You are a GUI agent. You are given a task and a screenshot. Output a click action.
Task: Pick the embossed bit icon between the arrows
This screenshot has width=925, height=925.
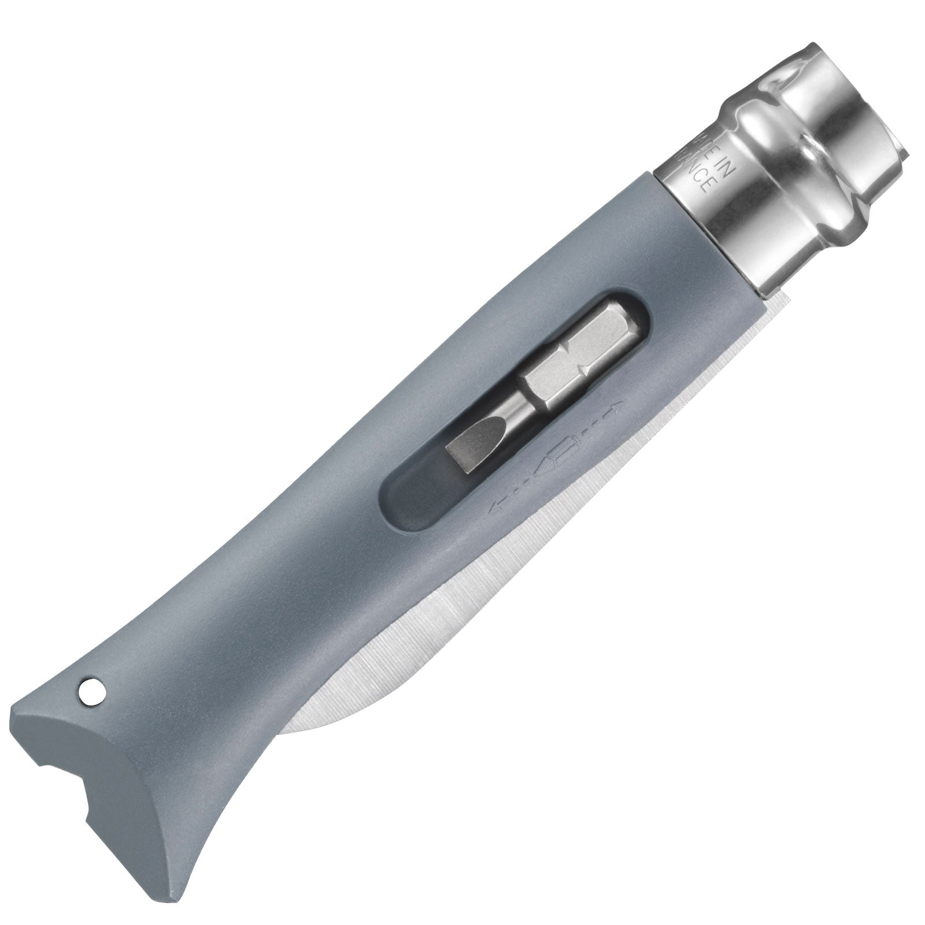click(556, 457)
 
